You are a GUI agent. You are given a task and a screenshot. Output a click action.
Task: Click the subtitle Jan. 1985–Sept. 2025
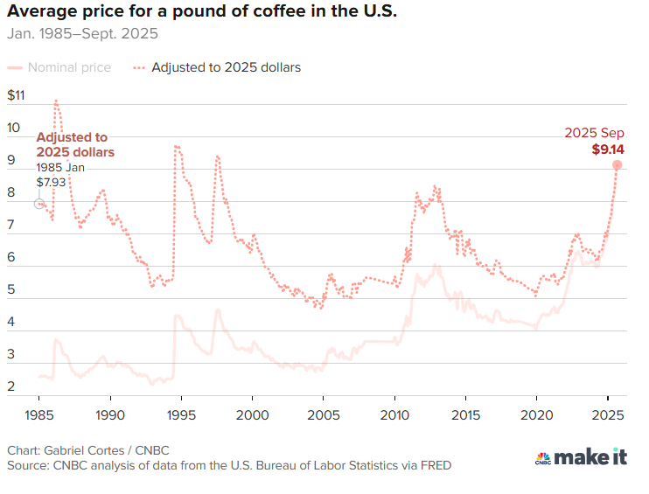(83, 36)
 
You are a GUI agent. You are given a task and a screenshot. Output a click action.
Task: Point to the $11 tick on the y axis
(17, 95)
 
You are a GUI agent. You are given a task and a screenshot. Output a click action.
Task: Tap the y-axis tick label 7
(12, 226)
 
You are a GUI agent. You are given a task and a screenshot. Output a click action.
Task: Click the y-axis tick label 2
(12, 386)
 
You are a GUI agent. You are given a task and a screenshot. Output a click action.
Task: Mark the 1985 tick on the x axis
(39, 413)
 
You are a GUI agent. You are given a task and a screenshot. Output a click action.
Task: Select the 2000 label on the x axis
(252, 413)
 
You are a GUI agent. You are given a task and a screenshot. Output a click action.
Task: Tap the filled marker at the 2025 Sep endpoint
(617, 164)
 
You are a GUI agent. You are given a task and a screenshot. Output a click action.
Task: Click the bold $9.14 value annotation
(608, 150)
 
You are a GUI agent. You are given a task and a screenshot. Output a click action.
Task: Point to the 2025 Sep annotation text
(594, 133)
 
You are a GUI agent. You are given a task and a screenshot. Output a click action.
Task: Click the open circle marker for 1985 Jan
(38, 204)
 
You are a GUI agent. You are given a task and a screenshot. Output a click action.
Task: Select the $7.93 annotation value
(50, 182)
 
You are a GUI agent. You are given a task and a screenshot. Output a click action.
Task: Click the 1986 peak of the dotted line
(56, 100)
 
